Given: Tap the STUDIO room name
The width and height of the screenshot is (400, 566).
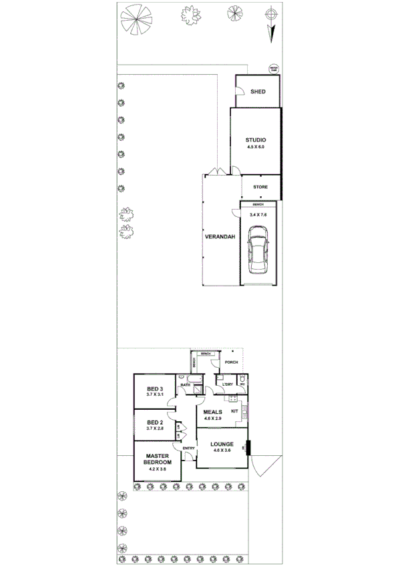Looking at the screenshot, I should pos(255,139).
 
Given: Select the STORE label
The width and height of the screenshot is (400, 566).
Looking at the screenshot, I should pos(260,187).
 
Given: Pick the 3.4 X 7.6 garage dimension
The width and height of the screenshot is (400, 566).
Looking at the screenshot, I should pos(258,215).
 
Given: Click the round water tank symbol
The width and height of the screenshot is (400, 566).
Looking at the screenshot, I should pos(272,68).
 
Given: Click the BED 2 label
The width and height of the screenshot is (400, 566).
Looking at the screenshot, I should pos(155,422).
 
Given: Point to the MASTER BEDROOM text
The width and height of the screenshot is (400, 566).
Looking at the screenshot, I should pos(158,459).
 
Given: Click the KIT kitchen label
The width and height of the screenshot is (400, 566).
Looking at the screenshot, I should pos(234,411).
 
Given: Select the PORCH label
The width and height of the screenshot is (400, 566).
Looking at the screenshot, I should pos(231,362).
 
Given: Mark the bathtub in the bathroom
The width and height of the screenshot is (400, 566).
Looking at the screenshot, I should pos(186,378).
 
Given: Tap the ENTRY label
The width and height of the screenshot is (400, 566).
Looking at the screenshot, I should pos(188,448).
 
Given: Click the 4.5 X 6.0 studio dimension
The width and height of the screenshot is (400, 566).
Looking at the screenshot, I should pos(255,146).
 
